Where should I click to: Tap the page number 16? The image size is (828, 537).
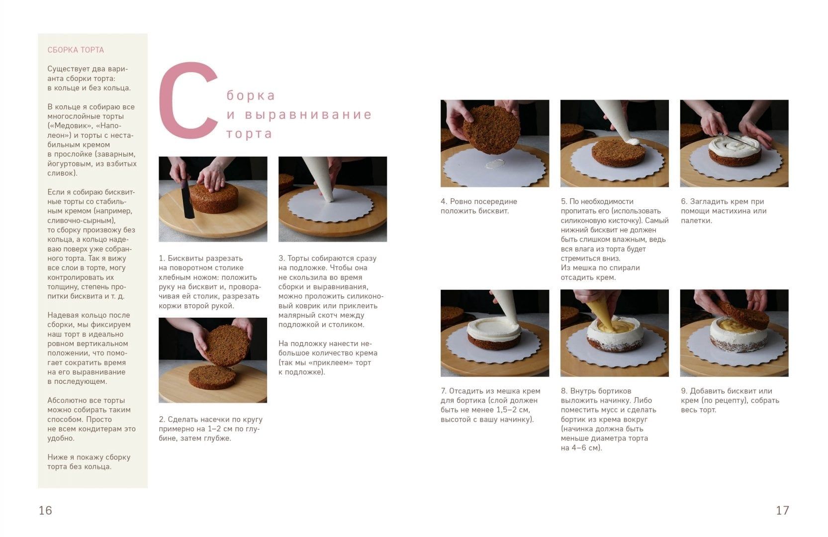(x=45, y=510)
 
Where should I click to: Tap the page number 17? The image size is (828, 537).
(x=783, y=510)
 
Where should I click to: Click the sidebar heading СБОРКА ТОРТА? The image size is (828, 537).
(x=76, y=50)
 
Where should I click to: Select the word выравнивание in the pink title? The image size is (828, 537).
(x=308, y=114)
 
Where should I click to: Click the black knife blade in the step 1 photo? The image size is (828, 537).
(x=187, y=199)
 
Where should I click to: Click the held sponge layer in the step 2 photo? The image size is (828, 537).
(x=227, y=345)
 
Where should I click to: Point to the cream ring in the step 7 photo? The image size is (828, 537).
(x=494, y=328)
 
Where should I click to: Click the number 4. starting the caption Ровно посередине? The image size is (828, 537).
(x=444, y=201)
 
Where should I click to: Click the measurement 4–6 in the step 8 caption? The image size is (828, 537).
(x=582, y=448)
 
